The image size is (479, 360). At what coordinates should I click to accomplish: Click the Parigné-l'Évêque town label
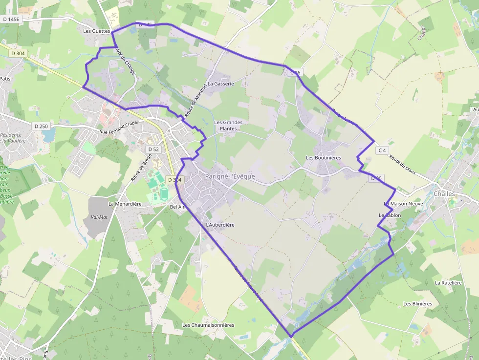230,176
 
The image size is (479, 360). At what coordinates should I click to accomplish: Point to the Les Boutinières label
323,158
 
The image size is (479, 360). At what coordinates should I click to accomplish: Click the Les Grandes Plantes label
228,126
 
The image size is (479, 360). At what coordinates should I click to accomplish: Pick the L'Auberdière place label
220,225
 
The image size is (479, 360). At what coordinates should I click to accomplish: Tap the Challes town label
444,193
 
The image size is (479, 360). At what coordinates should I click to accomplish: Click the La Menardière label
125,204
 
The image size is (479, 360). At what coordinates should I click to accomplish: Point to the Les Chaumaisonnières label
208,325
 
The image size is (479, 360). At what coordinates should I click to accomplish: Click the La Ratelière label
448,282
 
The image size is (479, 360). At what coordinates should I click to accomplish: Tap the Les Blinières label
417,303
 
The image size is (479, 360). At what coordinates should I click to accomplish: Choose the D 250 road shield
42,126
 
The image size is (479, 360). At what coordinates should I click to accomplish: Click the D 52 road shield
153,149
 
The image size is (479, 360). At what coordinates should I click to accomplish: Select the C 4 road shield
382,150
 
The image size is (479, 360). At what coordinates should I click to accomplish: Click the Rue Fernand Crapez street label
119,127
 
